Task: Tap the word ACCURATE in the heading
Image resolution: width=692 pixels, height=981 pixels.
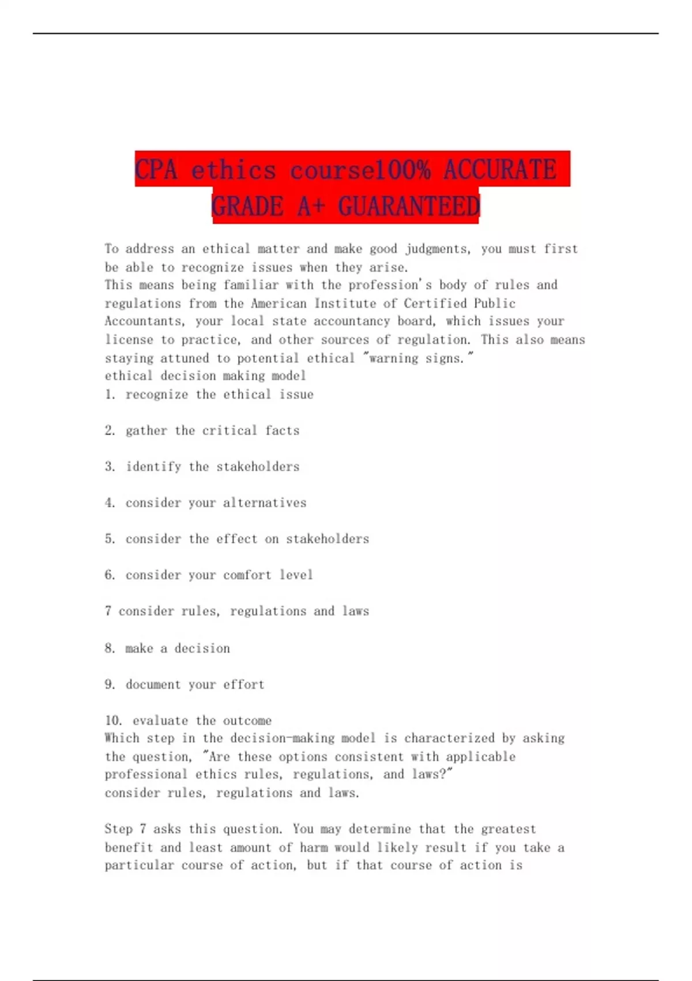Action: [500, 170]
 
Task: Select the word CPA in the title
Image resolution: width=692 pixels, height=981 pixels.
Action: [156, 170]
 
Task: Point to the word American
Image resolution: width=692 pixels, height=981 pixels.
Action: [279, 303]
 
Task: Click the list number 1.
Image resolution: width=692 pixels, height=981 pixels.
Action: [110, 394]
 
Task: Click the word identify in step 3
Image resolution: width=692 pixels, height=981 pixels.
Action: [153, 466]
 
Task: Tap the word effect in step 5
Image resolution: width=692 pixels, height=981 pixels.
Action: [236, 538]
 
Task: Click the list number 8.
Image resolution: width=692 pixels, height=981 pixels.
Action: [110, 648]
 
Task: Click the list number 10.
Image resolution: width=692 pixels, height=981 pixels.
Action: [113, 720]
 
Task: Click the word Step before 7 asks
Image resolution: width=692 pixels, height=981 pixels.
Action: [118, 829]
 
